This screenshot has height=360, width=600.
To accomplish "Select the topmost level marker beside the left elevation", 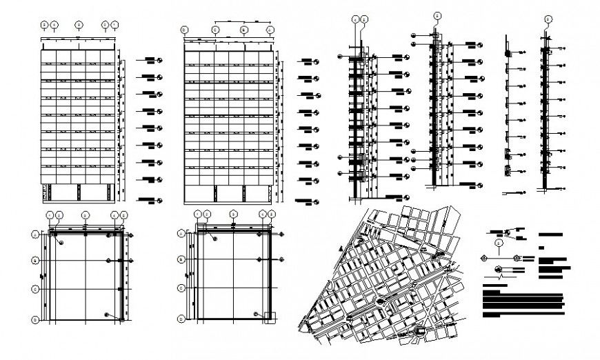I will pos(159,61).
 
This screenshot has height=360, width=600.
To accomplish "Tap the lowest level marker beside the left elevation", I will pos(159,200).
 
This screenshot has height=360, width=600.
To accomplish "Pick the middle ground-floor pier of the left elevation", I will pos(79,192).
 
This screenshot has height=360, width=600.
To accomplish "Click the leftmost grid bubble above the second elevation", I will pos(184,30).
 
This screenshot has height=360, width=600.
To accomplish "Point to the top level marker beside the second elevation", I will pos(317,62).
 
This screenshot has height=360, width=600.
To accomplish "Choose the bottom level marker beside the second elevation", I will pos(317,201).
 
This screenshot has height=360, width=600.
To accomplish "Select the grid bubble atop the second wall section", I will pos(437,15).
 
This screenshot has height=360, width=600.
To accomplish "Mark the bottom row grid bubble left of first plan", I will pos(35,319).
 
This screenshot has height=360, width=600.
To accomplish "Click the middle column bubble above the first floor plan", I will pos(86,215).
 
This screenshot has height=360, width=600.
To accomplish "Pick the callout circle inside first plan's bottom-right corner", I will pos(106,314).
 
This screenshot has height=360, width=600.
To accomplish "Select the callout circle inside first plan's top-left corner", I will pos(61,243).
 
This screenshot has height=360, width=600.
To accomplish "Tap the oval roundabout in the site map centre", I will pos(381,301).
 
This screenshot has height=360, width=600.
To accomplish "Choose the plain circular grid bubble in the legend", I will pos(499,243).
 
